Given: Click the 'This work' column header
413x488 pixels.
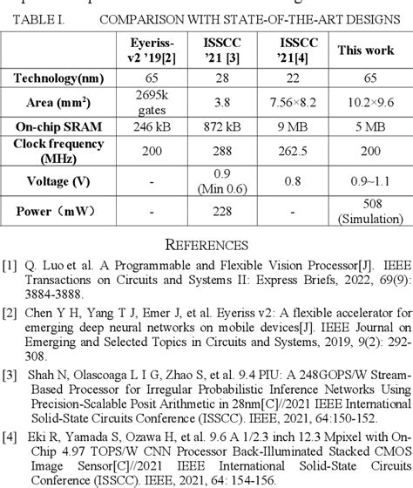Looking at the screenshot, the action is point(366,51).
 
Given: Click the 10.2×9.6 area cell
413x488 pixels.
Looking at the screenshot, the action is point(366,104).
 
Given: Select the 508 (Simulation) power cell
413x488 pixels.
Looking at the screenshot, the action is point(366,212).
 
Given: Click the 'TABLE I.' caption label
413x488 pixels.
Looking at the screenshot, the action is point(36,19).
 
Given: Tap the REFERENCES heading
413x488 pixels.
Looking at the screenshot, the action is point(206,245).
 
